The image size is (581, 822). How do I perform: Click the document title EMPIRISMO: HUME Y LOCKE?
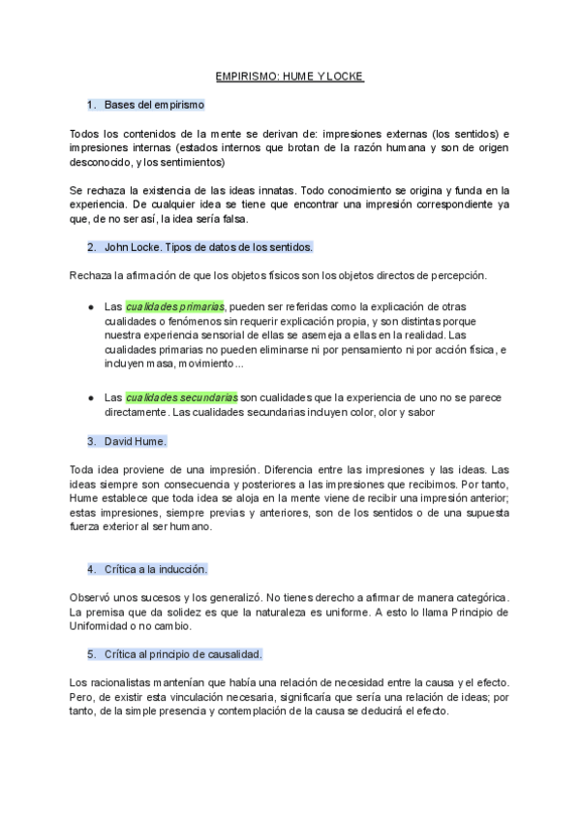[290, 75]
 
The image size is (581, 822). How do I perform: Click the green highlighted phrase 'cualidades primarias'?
[175, 305]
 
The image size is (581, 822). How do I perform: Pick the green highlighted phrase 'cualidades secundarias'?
[181, 397]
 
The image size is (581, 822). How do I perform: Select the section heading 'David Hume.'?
[135, 441]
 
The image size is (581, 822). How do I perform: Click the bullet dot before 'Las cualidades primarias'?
[90, 306]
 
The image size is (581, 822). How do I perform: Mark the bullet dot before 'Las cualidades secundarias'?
[90, 397]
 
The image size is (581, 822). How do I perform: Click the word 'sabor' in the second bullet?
[420, 412]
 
